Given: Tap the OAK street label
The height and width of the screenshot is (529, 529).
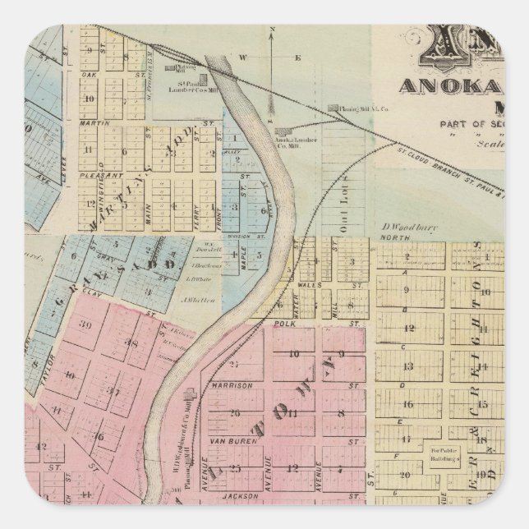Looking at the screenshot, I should (90, 74).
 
